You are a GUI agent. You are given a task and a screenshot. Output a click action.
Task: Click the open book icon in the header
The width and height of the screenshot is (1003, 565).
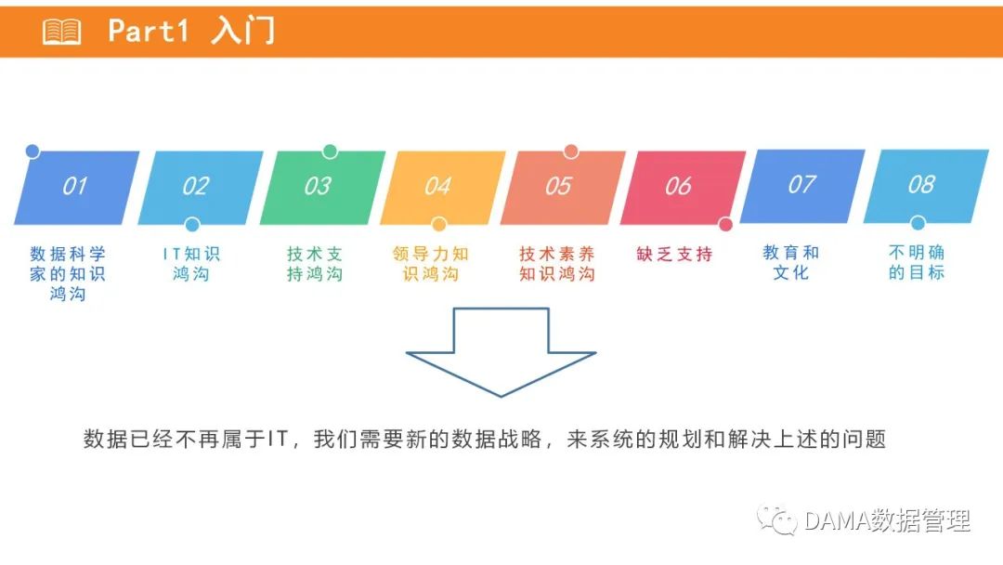pos(62,32)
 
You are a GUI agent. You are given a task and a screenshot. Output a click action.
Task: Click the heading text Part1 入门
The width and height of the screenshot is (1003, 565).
pos(191,31)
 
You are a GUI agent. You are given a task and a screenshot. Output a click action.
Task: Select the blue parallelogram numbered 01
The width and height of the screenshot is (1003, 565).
pos(76,187)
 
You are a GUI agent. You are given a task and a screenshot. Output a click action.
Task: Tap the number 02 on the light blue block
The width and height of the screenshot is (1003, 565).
pos(195,186)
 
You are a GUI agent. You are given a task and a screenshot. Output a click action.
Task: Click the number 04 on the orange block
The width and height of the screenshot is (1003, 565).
pos(437,187)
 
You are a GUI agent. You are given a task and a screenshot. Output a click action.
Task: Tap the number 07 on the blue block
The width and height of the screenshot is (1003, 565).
pos(801,184)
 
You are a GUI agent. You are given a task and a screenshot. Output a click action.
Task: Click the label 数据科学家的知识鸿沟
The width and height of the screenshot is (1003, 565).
pos(68,273)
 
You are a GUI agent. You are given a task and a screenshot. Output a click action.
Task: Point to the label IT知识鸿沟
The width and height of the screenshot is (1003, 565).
pos(190,263)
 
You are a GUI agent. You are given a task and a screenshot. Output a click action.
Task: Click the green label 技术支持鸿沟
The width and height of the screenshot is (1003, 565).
pos(315,263)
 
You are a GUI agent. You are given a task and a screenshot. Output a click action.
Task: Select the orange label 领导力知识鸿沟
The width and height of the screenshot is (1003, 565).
pos(431,263)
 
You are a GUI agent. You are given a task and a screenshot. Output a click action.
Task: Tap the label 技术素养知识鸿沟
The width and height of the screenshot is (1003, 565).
pos(556,263)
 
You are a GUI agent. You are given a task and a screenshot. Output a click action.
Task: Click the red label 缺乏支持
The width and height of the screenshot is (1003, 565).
pos(675,254)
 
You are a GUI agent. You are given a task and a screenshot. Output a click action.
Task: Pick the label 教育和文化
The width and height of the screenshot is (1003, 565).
pos(791,262)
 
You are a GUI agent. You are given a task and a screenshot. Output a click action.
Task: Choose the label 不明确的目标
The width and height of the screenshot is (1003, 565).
pos(917,262)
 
